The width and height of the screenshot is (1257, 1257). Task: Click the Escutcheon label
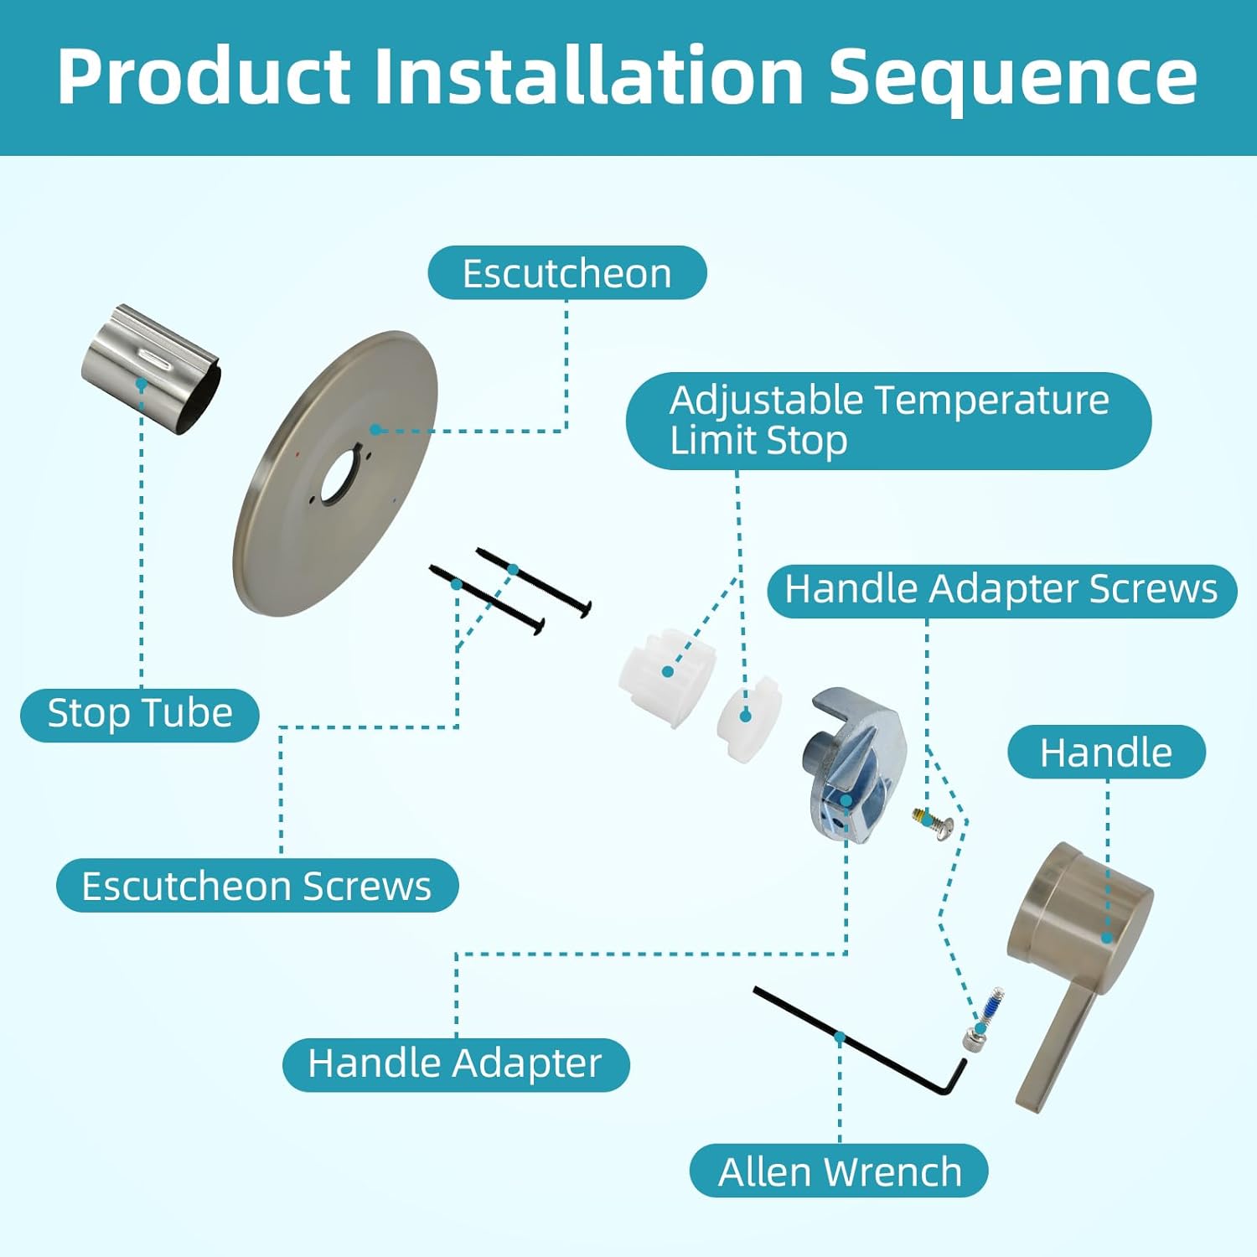[x=566, y=273]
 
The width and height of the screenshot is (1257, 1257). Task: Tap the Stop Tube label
[x=139, y=714]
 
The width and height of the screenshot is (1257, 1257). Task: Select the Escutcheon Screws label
[x=256, y=886]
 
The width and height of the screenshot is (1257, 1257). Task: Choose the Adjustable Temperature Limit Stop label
[x=888, y=420]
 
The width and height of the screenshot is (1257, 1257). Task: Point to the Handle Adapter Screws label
[x=1001, y=589]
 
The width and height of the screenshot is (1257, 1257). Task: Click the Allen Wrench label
[x=839, y=1171]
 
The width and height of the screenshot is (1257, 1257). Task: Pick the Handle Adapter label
[x=455, y=1063]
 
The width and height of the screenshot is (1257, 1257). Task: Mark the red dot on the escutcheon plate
[x=297, y=455]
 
